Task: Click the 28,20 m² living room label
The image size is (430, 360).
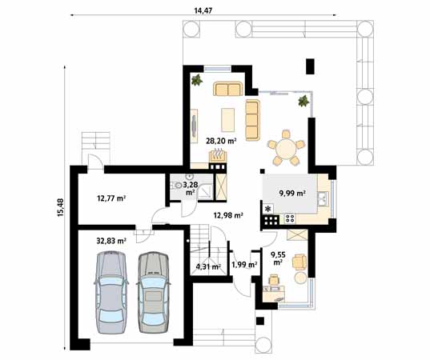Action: tap(221, 141)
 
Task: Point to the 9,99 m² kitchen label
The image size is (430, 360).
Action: tap(292, 194)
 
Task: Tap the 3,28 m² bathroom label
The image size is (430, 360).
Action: tap(191, 188)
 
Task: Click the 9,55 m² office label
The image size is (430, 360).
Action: tap(278, 258)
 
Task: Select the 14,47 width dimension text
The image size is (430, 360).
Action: tap(203, 10)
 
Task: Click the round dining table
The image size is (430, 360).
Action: tap(286, 150)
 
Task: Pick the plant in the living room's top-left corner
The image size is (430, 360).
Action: tap(195, 79)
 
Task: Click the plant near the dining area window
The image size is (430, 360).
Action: tap(303, 101)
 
